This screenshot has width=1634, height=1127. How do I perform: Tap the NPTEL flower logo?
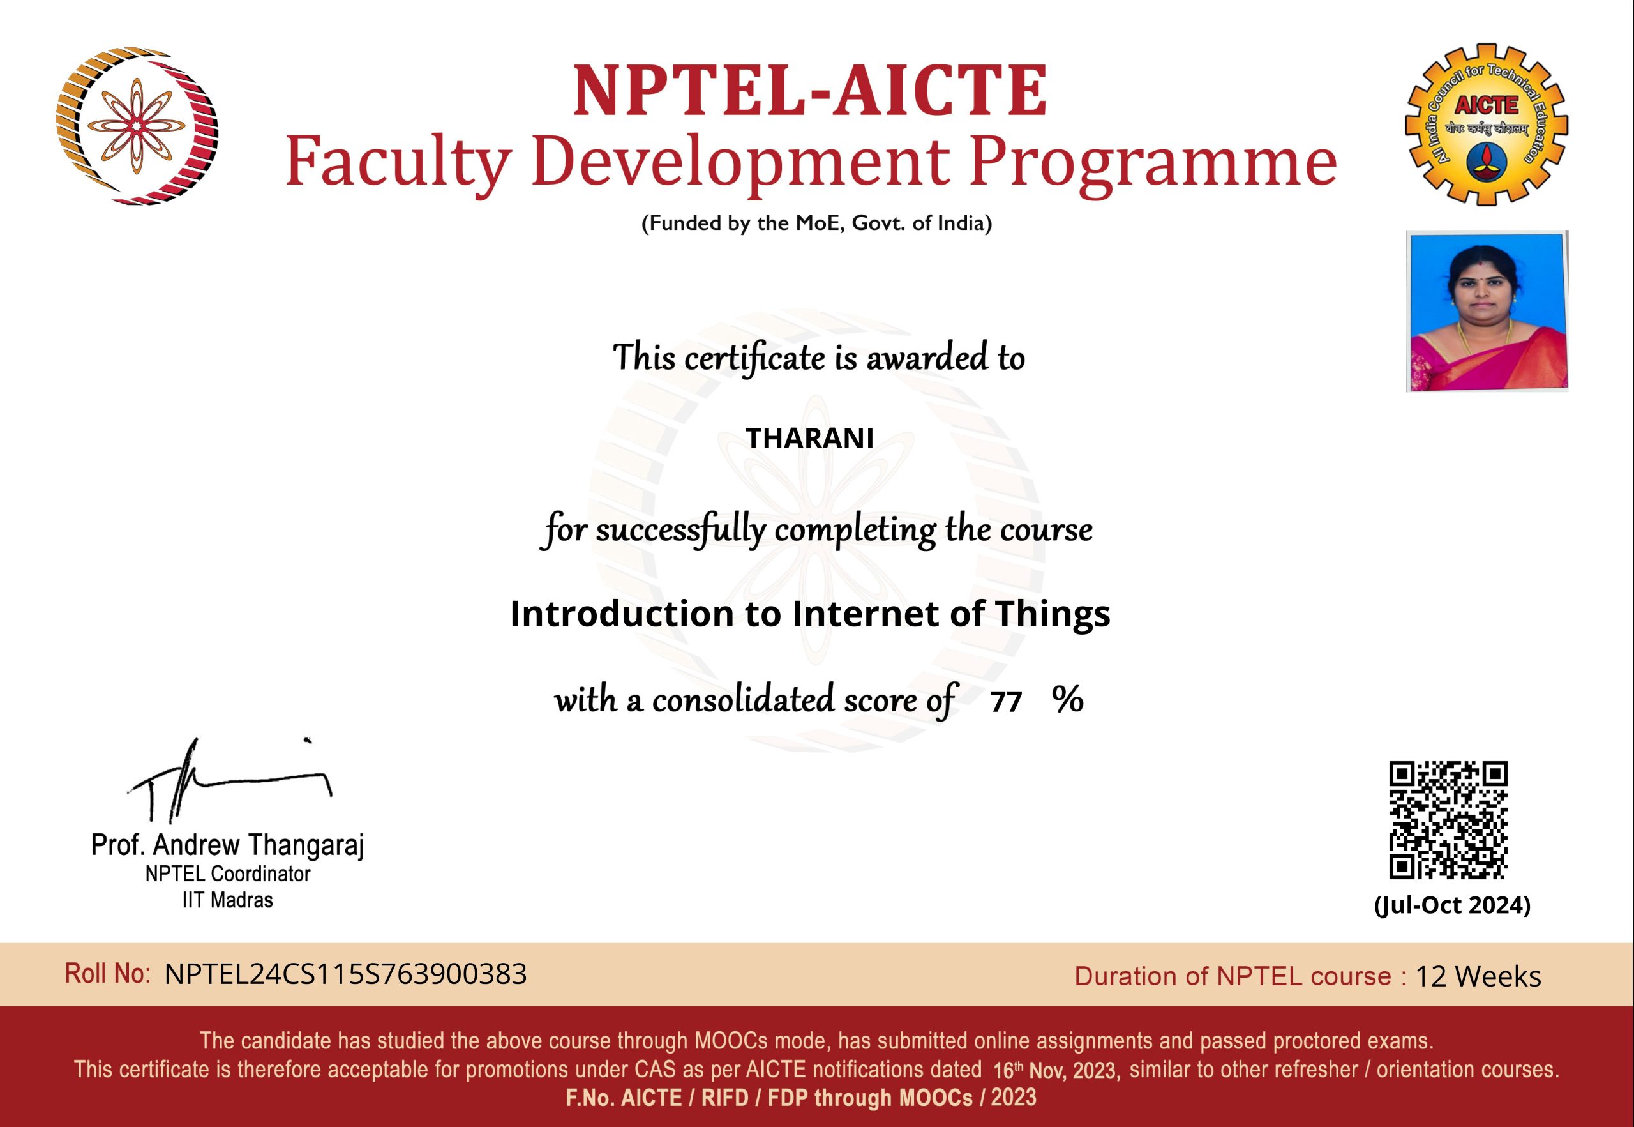tap(137, 126)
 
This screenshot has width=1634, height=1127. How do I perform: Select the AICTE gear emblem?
tap(1487, 125)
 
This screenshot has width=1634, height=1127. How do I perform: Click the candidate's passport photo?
tap(1487, 311)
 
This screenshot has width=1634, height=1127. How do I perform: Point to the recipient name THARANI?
tap(809, 439)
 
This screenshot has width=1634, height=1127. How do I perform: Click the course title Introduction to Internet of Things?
tap(809, 613)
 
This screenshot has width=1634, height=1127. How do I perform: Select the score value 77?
tap(1006, 701)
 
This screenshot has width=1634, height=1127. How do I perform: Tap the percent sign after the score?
tap(1067, 699)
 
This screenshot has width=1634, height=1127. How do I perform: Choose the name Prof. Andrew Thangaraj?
tap(227, 845)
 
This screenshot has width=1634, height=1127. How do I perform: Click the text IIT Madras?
tap(227, 900)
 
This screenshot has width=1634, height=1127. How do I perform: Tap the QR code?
tap(1448, 820)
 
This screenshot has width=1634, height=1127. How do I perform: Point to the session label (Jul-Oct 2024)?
tap(1452, 905)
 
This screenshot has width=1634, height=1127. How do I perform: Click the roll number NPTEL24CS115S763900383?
tap(345, 974)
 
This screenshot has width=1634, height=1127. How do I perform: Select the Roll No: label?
tap(107, 973)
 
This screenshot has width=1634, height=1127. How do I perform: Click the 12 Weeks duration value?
tap(1478, 976)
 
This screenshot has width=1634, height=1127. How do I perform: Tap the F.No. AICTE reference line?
tap(801, 1098)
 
